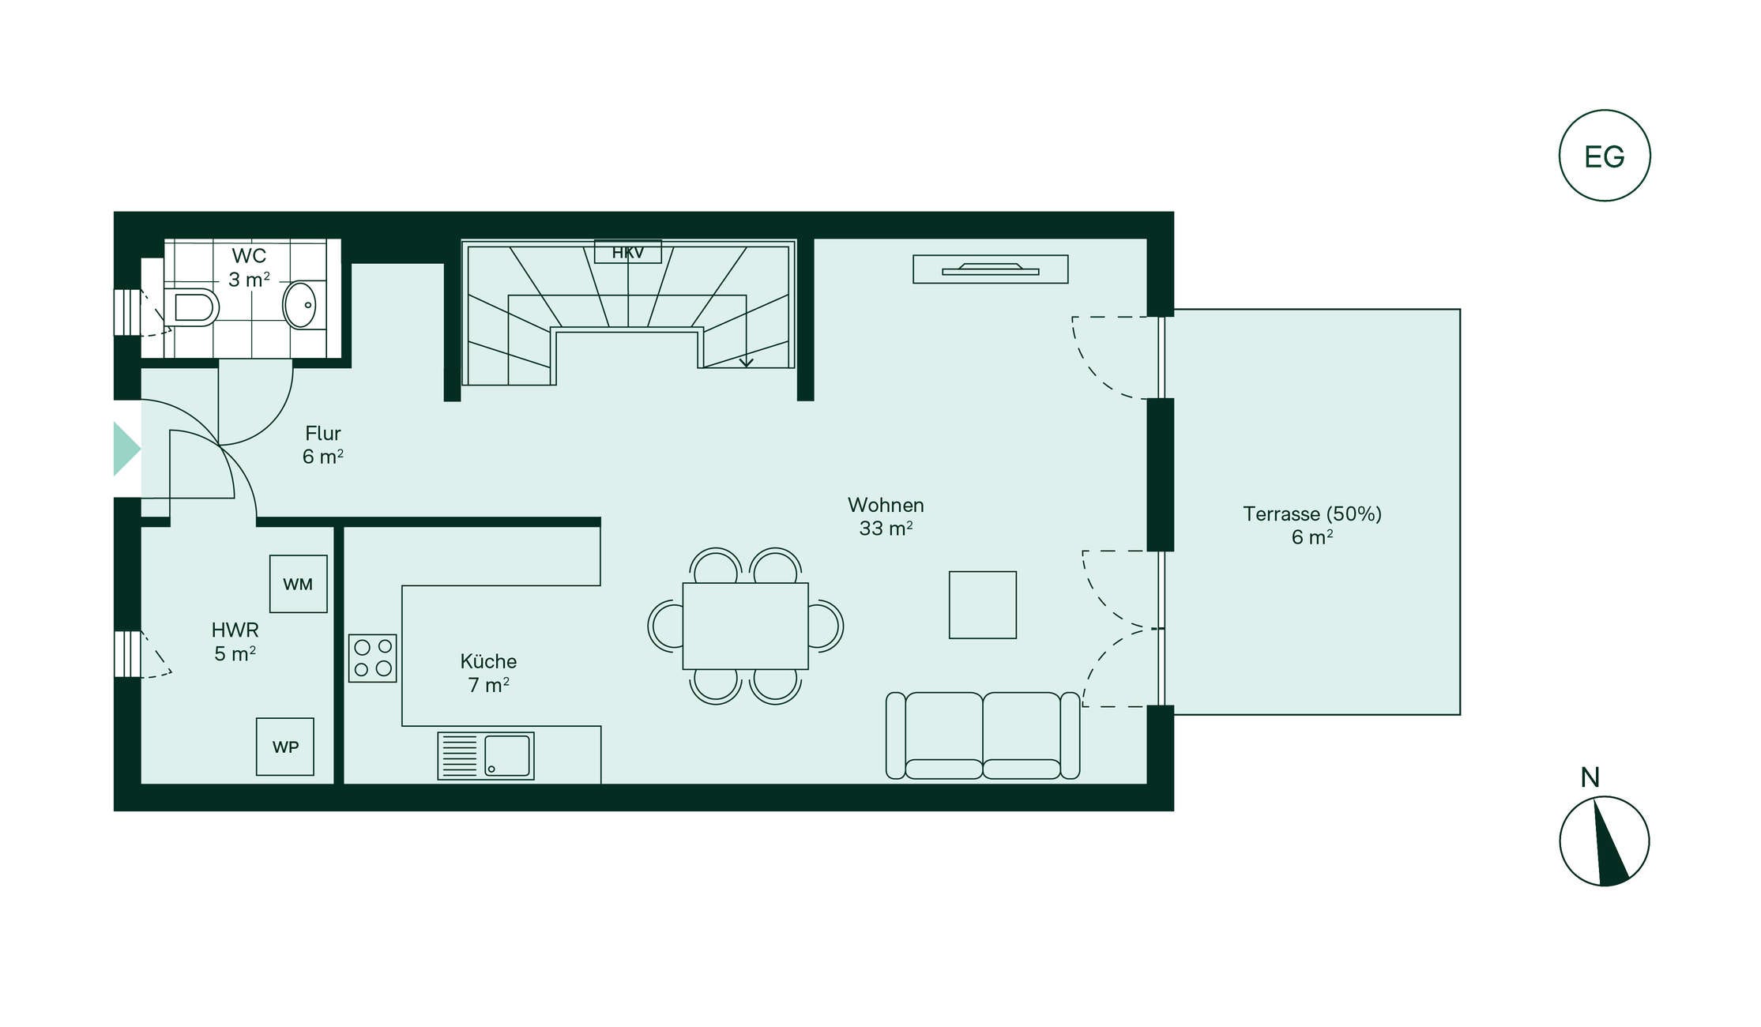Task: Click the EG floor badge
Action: [1605, 156]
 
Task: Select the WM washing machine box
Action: [299, 584]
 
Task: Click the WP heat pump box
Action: [285, 747]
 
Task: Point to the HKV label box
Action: [628, 252]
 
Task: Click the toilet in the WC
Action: [191, 307]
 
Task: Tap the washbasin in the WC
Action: [301, 304]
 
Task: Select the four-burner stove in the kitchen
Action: [373, 658]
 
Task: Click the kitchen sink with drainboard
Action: [486, 756]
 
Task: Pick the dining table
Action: [746, 626]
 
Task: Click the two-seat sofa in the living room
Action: [983, 735]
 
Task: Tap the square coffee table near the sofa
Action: [983, 605]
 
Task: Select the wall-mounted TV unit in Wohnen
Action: [991, 269]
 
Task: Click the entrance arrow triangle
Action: [126, 449]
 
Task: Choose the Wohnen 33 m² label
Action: [886, 517]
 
